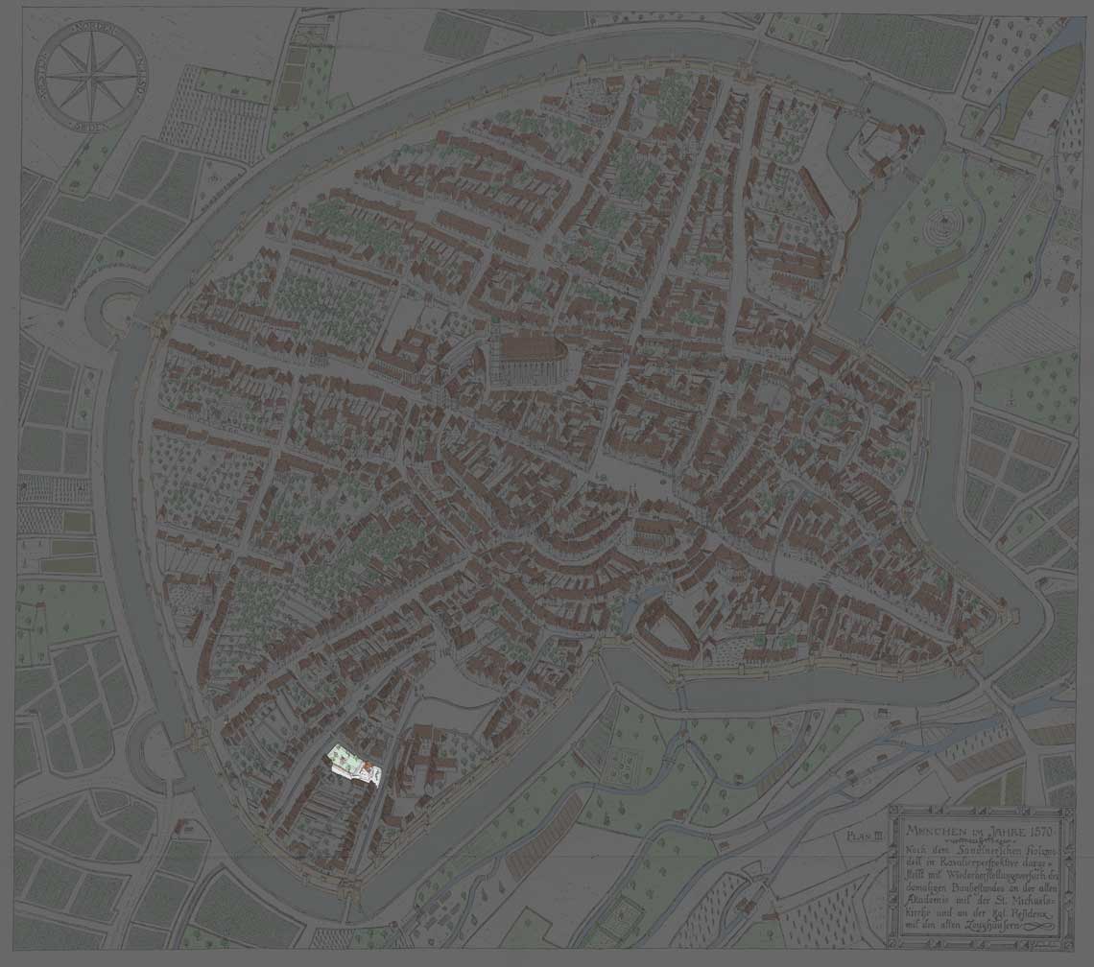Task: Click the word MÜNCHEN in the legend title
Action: coord(930,827)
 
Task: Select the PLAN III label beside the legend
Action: coord(865,837)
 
